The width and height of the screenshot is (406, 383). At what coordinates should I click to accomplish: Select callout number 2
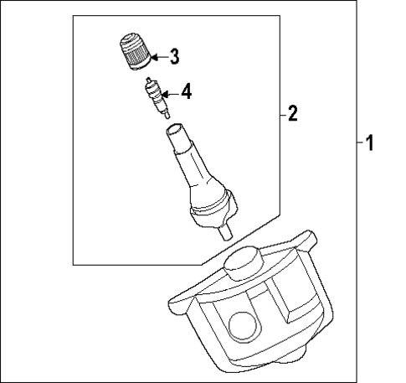click(292, 113)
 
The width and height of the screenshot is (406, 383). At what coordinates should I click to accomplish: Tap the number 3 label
click(174, 57)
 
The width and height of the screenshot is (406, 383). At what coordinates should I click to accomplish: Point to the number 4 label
click(186, 91)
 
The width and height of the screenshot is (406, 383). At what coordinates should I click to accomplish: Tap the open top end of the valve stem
click(176, 131)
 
